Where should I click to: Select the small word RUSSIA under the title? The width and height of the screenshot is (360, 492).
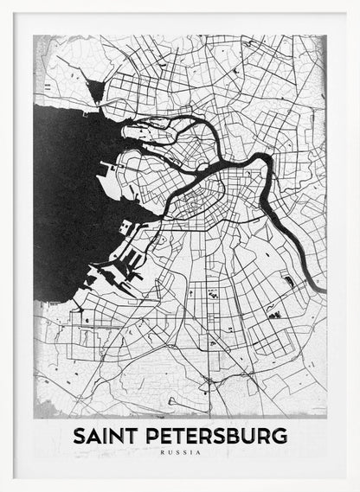coord(179,452)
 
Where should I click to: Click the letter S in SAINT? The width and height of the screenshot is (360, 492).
coord(80,436)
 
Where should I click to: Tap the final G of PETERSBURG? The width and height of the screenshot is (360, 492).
coord(279,436)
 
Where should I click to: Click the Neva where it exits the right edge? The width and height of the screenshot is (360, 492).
coord(320,289)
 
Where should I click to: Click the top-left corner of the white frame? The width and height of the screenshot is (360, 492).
coord(3,3)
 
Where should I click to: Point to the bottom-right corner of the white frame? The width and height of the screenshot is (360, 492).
coord(357,489)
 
